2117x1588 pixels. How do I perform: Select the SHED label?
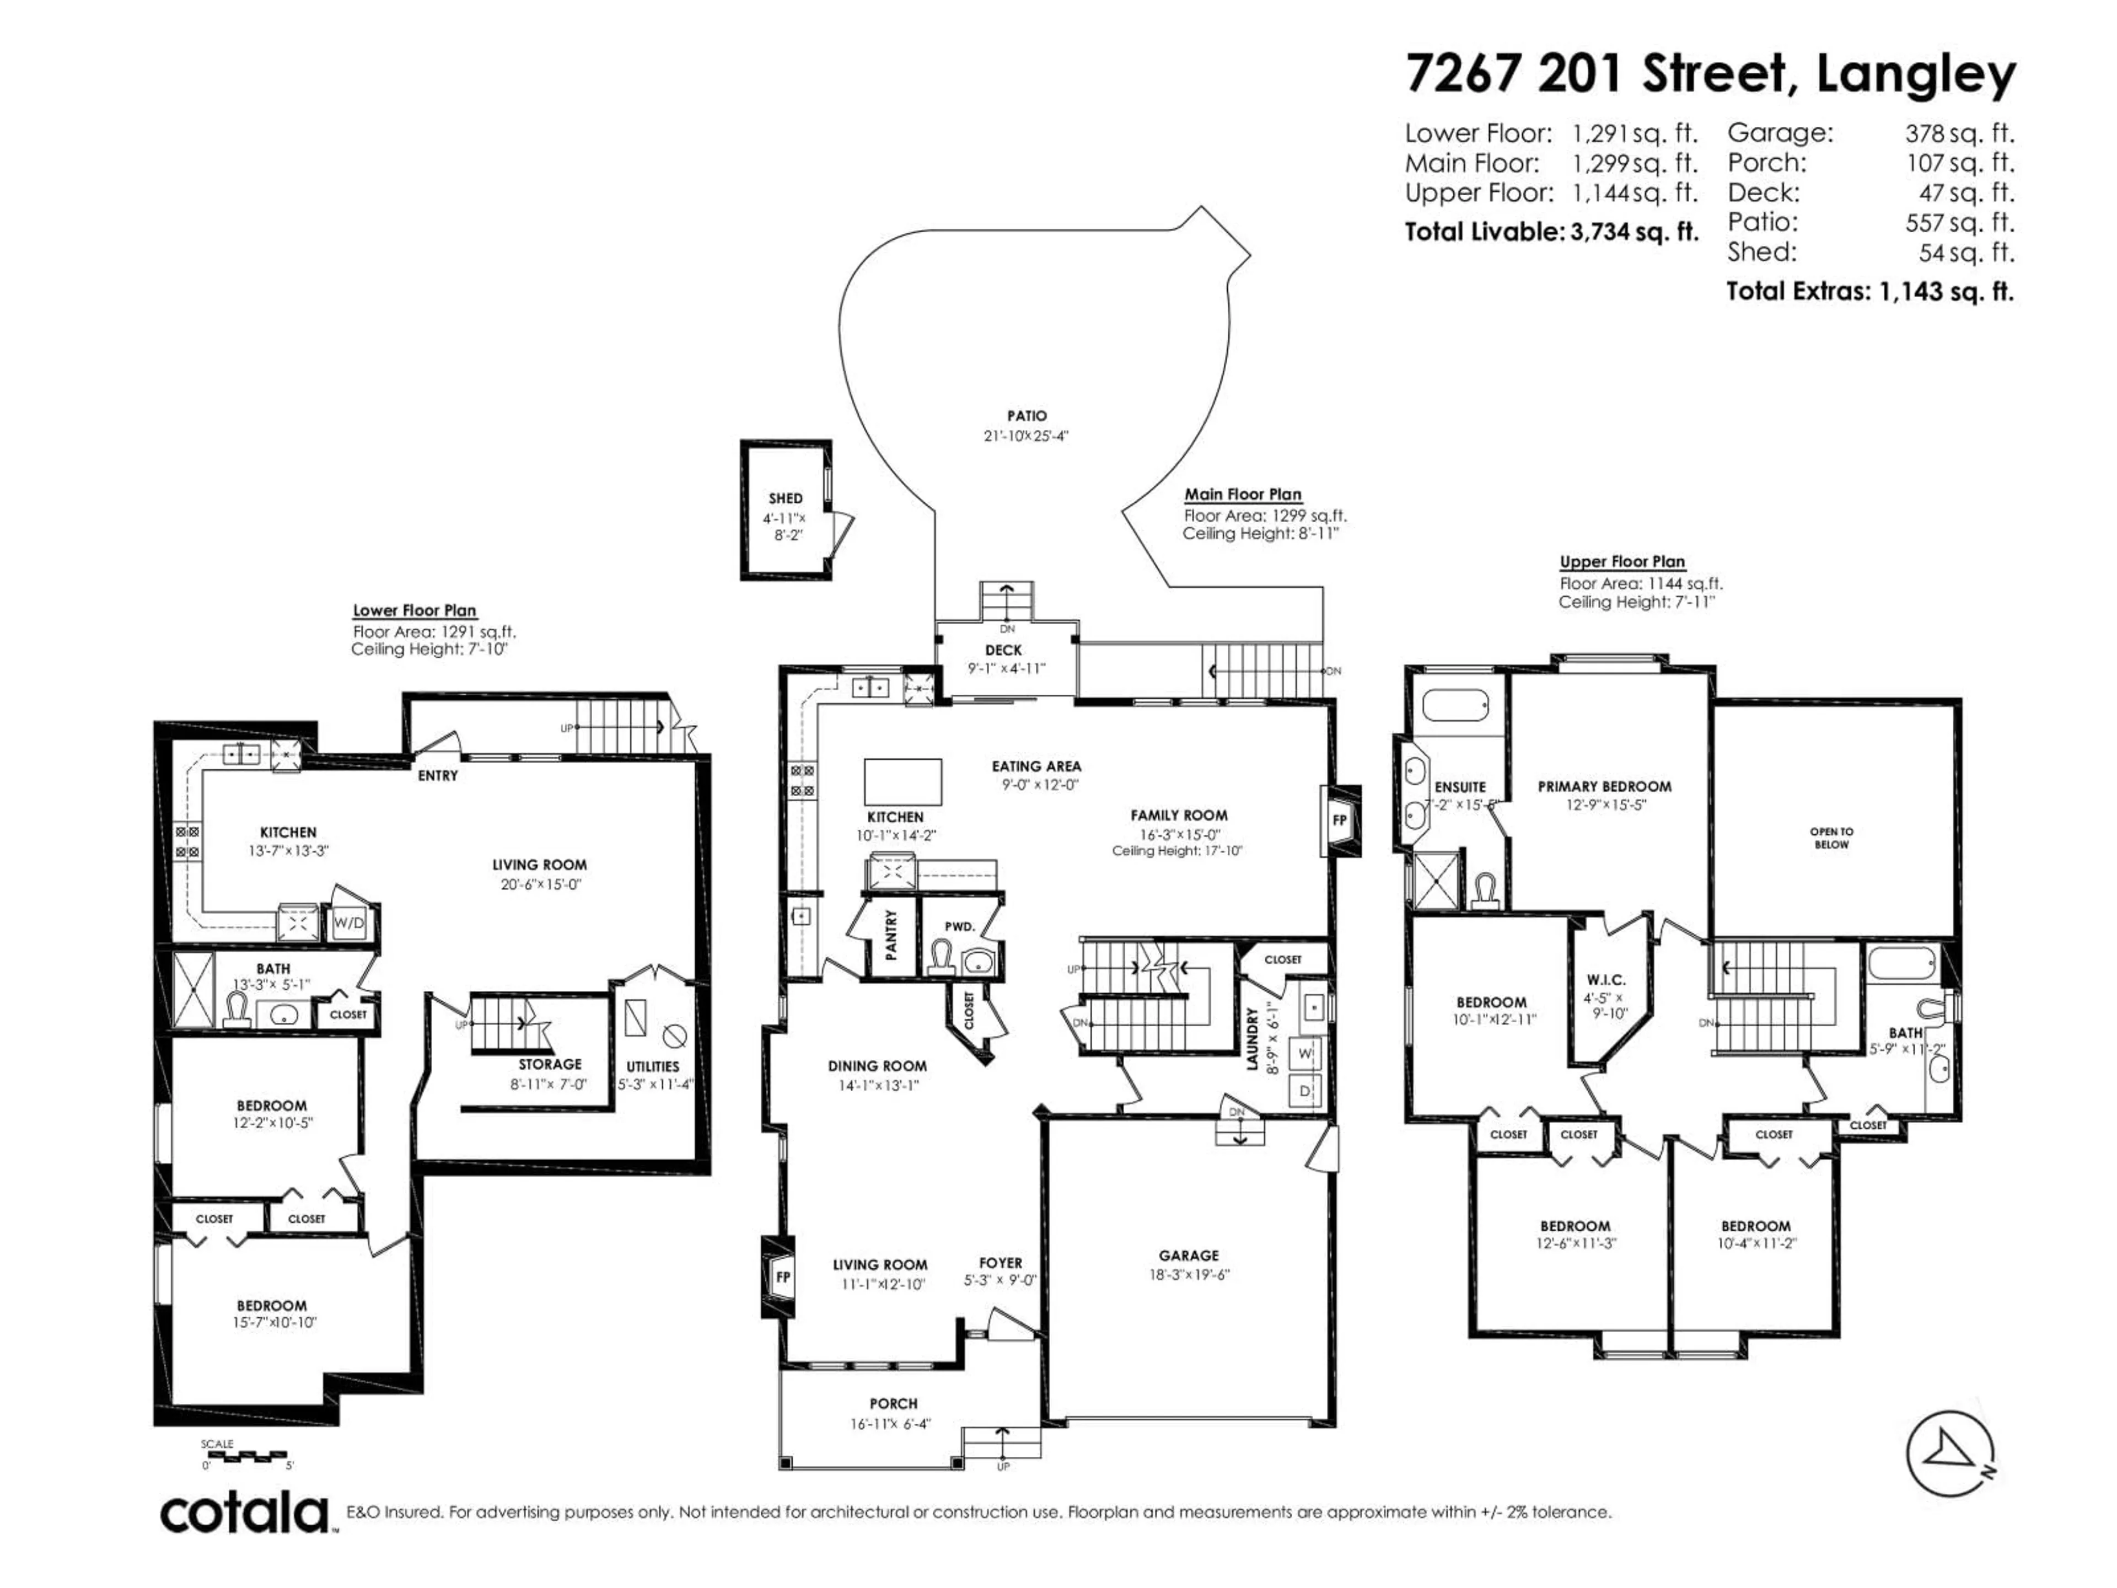(785, 498)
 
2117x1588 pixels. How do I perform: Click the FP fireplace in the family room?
(1340, 820)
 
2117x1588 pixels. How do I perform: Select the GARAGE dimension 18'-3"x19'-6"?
(1189, 1275)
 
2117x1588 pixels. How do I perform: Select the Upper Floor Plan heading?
(1622, 562)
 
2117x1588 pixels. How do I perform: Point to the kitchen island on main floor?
(902, 782)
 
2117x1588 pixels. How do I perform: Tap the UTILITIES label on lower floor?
(653, 1066)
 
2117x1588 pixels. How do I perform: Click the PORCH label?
(893, 1403)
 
